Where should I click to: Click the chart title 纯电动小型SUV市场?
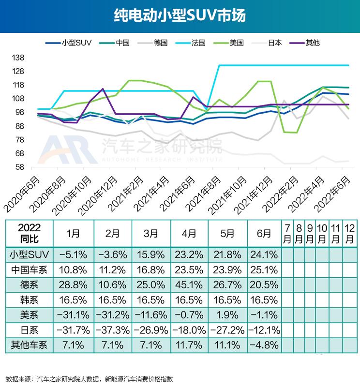point(180,16)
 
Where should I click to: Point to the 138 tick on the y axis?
point(18,58)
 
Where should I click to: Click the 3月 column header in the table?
point(151,233)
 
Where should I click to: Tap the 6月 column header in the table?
point(264,233)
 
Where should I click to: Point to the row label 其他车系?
point(29,345)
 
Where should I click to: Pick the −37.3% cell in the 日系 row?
point(113,330)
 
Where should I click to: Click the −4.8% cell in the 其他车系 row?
point(264,345)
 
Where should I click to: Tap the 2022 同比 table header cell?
point(29,233)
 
